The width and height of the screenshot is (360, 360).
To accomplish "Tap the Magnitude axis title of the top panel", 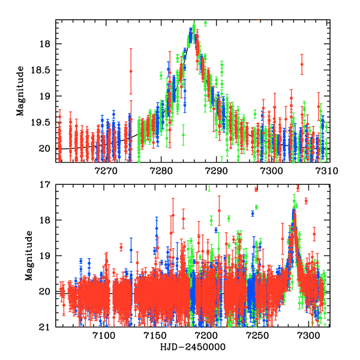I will (x=20, y=91).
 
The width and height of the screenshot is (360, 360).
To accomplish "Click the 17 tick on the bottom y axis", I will (x=46, y=185).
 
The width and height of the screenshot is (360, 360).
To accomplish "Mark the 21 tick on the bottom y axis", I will (x=46, y=328).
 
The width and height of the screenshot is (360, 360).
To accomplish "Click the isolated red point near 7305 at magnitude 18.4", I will (x=302, y=64).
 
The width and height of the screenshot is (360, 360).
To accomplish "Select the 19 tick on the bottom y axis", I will (x=46, y=256).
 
